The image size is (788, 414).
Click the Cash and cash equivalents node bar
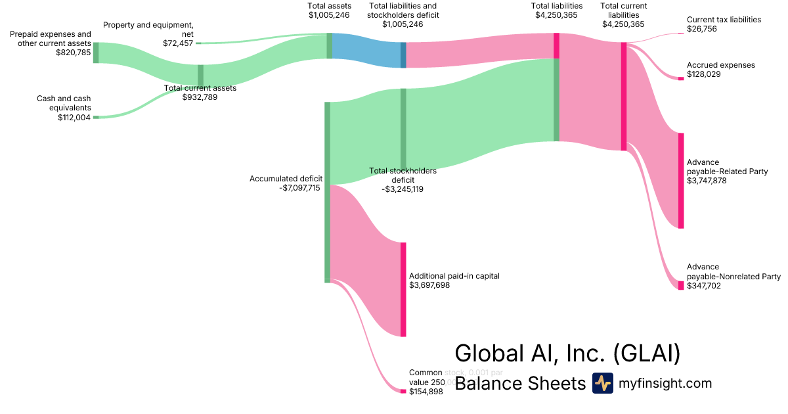(x=96, y=117)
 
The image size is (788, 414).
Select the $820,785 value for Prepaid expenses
(x=74, y=53)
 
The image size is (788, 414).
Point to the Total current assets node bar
(x=200, y=76)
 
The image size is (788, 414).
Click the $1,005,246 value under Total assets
(x=329, y=15)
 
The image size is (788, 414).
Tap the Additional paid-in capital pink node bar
(x=403, y=289)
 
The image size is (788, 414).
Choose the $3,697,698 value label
(x=429, y=285)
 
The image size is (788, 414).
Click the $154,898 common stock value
(x=426, y=392)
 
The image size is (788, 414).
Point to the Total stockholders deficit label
(x=403, y=175)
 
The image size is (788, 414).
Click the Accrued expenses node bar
(x=681, y=78)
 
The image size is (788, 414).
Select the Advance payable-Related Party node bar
(x=681, y=181)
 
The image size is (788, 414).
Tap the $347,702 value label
(x=704, y=286)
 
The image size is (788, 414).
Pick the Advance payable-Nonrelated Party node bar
(x=681, y=285)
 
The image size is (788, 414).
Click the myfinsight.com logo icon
(x=602, y=383)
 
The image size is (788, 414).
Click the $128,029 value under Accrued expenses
(x=704, y=74)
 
